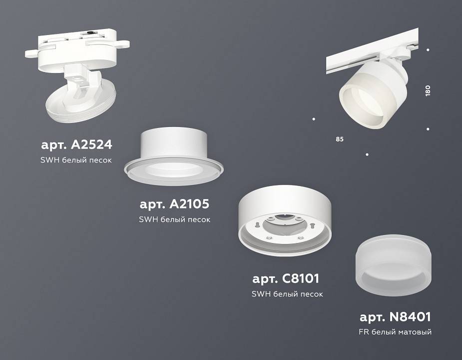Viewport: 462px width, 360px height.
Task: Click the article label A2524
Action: pyautogui.click(x=76, y=145)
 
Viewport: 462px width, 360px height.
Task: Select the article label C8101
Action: pyautogui.click(x=286, y=278)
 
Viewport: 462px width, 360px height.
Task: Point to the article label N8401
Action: pyautogui.click(x=395, y=316)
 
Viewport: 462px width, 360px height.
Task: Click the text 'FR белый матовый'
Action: pyautogui.click(x=395, y=332)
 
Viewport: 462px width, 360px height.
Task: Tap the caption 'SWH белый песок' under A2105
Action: pyautogui.click(x=174, y=219)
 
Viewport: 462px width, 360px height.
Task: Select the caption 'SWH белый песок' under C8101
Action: pyautogui.click(x=287, y=294)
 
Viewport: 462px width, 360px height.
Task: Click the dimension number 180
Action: pyautogui.click(x=428, y=91)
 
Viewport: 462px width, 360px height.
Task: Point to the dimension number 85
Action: pyautogui.click(x=340, y=138)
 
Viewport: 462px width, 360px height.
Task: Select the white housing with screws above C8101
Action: pyautogui.click(x=286, y=220)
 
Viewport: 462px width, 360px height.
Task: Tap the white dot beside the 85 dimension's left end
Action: pyautogui.click(x=314, y=119)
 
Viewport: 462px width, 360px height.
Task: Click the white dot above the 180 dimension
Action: pyautogui.click(x=428, y=49)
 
